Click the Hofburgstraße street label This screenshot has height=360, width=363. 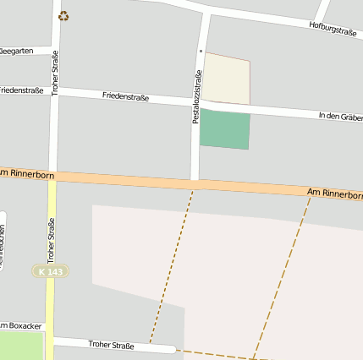pos(332,30)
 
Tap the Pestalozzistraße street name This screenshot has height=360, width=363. pos(197,97)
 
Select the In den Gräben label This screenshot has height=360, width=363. pos(339,116)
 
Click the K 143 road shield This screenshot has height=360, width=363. pos(50,270)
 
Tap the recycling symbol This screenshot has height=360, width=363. pos(63,15)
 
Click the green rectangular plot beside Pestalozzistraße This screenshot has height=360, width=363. pos(225,128)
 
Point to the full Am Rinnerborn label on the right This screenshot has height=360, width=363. pos(334,194)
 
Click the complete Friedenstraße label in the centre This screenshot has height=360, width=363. pos(125,96)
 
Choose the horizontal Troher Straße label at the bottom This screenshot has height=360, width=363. pos(111,344)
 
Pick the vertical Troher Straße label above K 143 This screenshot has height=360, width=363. pos(51,239)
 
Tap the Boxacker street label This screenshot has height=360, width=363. pos(22,325)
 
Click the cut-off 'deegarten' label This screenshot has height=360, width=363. pos(17,51)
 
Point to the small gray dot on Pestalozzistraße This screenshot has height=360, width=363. pos(201,51)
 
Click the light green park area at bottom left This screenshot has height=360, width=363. pos(21,346)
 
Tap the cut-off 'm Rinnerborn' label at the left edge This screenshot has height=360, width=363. pos(27,174)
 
